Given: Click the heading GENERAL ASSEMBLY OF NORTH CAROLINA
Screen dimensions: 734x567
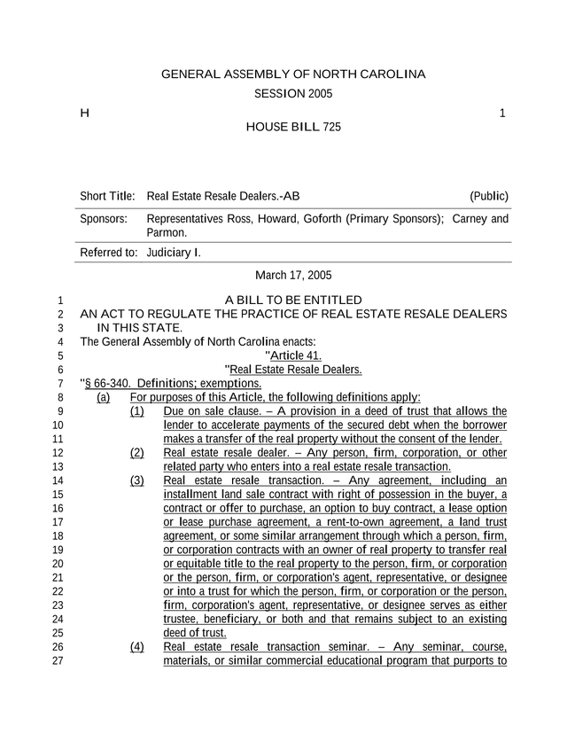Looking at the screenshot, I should click(293, 74).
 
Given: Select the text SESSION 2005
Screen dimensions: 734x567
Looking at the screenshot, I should click(293, 94).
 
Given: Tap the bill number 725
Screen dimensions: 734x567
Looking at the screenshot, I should click(331, 128).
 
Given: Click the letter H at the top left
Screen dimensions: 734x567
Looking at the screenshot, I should click(84, 113).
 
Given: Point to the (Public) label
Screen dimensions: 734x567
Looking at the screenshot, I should click(489, 196).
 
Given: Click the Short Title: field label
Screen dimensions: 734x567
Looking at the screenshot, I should click(107, 196).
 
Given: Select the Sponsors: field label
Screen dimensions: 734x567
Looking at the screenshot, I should click(103, 219).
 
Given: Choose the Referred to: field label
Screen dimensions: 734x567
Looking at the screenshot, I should click(108, 253).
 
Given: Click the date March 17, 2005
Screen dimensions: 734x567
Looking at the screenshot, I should click(293, 276).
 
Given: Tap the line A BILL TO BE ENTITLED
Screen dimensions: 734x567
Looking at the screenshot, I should click(293, 301).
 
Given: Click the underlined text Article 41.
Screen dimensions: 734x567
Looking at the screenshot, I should click(290, 355).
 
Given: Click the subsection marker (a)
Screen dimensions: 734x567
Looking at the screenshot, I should click(104, 397).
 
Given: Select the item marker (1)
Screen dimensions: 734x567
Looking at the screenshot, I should click(137, 411).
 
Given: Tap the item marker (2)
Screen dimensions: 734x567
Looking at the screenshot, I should click(137, 453).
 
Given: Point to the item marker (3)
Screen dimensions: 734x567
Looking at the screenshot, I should click(137, 480).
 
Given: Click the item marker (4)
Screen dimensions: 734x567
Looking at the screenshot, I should click(137, 646).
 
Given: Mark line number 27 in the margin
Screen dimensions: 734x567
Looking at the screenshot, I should click(59, 660).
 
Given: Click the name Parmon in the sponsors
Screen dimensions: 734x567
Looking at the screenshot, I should click(165, 232).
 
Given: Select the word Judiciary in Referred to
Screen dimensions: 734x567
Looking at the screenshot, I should click(168, 253).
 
